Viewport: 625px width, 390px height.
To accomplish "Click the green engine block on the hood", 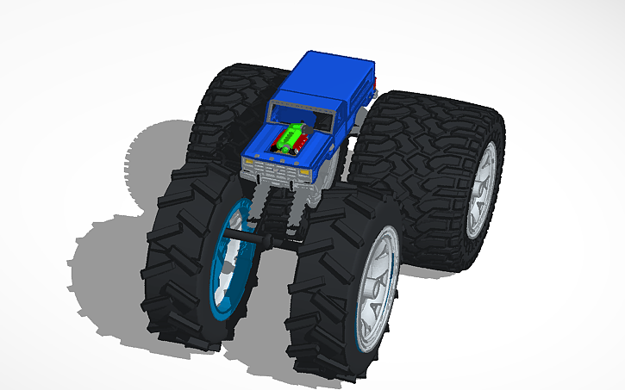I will pyautogui.click(x=294, y=137).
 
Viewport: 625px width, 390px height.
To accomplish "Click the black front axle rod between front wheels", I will pyautogui.click(x=259, y=232).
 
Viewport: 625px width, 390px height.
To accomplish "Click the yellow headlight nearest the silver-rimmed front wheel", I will pyautogui.click(x=305, y=174).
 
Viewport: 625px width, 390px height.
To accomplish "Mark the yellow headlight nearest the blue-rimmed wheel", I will pyautogui.click(x=256, y=169).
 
